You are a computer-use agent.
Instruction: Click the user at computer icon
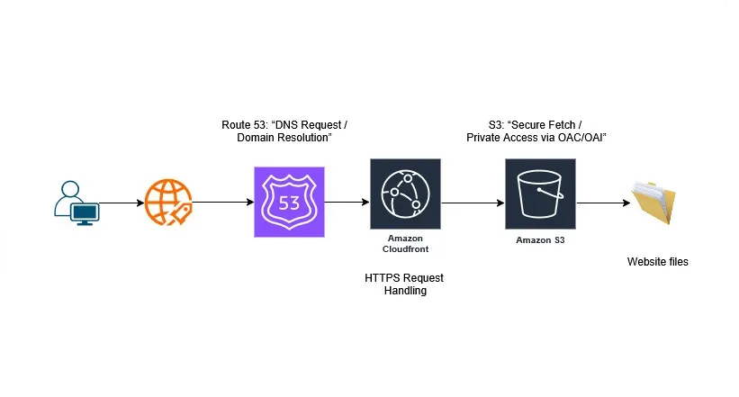(76, 203)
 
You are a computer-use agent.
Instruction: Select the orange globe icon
(168, 203)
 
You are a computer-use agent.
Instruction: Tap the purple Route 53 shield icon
(289, 202)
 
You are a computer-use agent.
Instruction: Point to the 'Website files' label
(657, 262)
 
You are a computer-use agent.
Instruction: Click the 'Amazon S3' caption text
(540, 240)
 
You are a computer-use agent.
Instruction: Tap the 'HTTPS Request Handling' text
(404, 284)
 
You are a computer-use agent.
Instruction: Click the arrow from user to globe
(120, 203)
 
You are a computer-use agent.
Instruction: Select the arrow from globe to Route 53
(222, 203)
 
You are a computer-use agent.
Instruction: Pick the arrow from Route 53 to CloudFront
(347, 203)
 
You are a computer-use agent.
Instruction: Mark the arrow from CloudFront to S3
(473, 203)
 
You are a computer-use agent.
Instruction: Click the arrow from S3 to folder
(602, 203)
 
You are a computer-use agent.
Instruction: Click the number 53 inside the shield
(289, 203)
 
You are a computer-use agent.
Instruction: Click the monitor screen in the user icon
(85, 211)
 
